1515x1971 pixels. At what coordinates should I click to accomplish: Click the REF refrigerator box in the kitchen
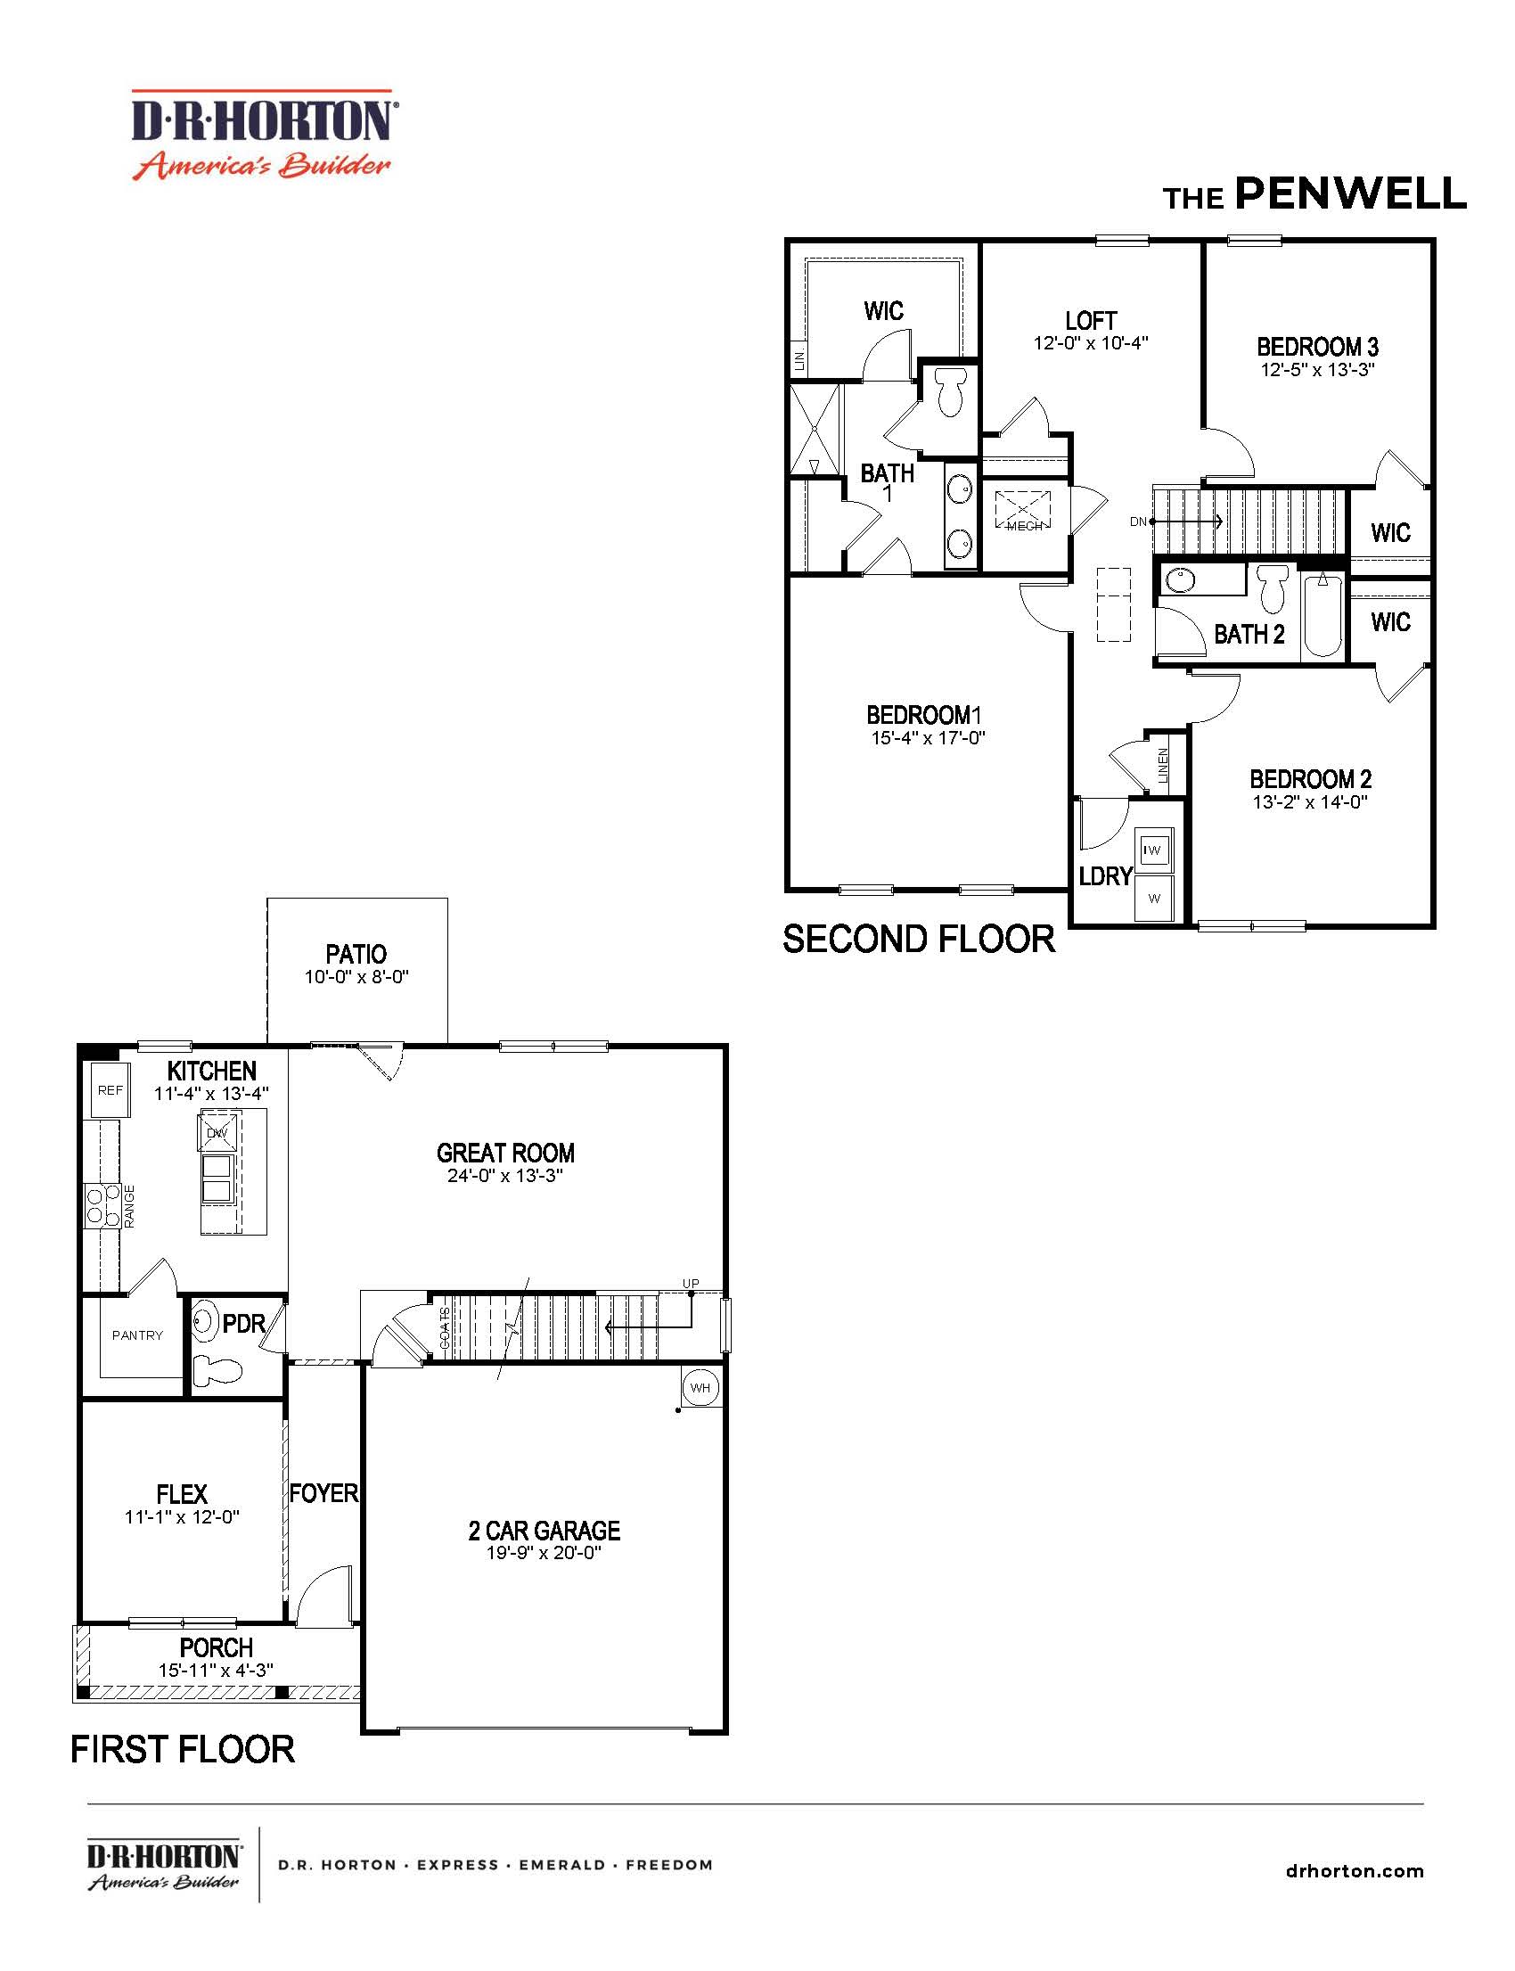110,1089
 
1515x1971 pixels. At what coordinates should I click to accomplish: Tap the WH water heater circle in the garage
700,1387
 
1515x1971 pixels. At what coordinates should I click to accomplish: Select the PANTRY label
137,1335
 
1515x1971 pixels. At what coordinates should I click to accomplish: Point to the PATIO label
356,954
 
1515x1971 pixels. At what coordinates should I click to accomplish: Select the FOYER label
323,1494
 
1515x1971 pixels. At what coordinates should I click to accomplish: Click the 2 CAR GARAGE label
544,1531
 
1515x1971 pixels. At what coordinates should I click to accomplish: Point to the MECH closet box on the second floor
1024,511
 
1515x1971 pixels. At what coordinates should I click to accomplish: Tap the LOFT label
1090,321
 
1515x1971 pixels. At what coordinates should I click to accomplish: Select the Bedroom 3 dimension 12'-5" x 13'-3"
1316,370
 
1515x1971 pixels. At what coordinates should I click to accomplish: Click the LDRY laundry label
1105,876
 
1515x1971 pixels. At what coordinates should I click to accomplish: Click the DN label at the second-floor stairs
1138,521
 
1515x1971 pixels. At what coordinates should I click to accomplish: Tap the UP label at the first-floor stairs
690,1284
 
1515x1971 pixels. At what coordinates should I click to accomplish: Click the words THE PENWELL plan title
1314,195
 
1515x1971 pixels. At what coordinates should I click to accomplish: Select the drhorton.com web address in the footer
1354,1871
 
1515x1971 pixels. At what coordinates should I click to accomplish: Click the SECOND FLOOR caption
918,940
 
